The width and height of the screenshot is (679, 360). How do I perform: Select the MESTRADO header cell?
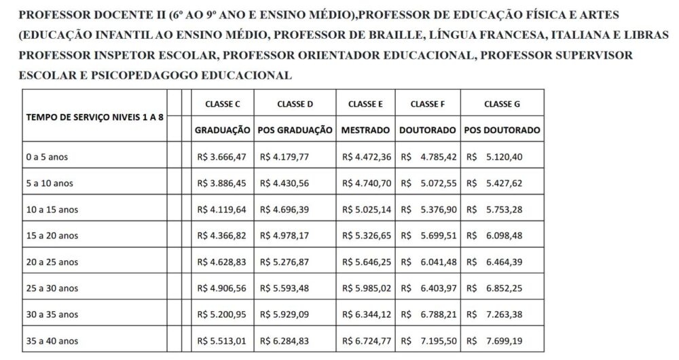click(365, 129)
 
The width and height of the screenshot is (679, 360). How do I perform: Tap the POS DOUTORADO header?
click(502, 129)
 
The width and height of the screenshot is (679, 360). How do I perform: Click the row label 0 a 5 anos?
click(47, 158)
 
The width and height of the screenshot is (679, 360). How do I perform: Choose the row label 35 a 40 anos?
click(52, 340)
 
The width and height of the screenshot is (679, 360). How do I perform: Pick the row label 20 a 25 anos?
click(52, 262)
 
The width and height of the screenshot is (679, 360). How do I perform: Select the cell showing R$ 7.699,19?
click(502, 340)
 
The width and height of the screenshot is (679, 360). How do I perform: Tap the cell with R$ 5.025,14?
click(365, 210)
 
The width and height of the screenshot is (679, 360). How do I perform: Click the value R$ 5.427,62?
click(502, 183)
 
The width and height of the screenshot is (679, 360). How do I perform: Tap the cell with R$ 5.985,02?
click(365, 288)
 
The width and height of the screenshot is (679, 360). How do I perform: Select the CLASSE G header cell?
click(502, 104)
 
